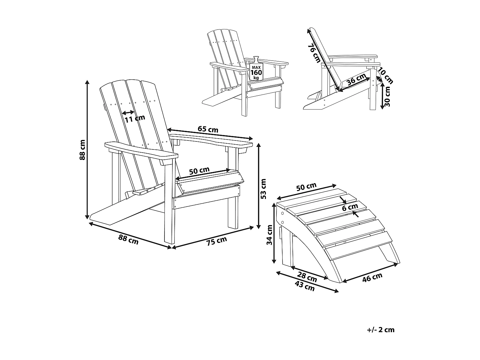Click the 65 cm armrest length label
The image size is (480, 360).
[x=208, y=129]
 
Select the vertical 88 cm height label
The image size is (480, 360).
[x=83, y=150]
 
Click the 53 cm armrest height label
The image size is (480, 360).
[x=263, y=189]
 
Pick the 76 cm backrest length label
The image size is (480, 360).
[x=314, y=53]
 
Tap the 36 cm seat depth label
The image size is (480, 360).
[x=356, y=79]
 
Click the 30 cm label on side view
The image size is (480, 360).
[x=387, y=97]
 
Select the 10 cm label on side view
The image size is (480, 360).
[x=385, y=76]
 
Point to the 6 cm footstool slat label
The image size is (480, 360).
[x=350, y=207]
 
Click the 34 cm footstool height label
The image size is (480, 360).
[x=269, y=235]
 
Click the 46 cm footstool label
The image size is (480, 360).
[x=372, y=277]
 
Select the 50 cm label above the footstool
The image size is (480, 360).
[x=306, y=187]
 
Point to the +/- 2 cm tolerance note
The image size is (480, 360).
[x=381, y=330]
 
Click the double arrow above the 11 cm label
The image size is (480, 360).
[x=128, y=112]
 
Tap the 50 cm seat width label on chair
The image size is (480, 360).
[x=199, y=170]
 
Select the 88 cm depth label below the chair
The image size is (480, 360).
[x=128, y=239]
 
